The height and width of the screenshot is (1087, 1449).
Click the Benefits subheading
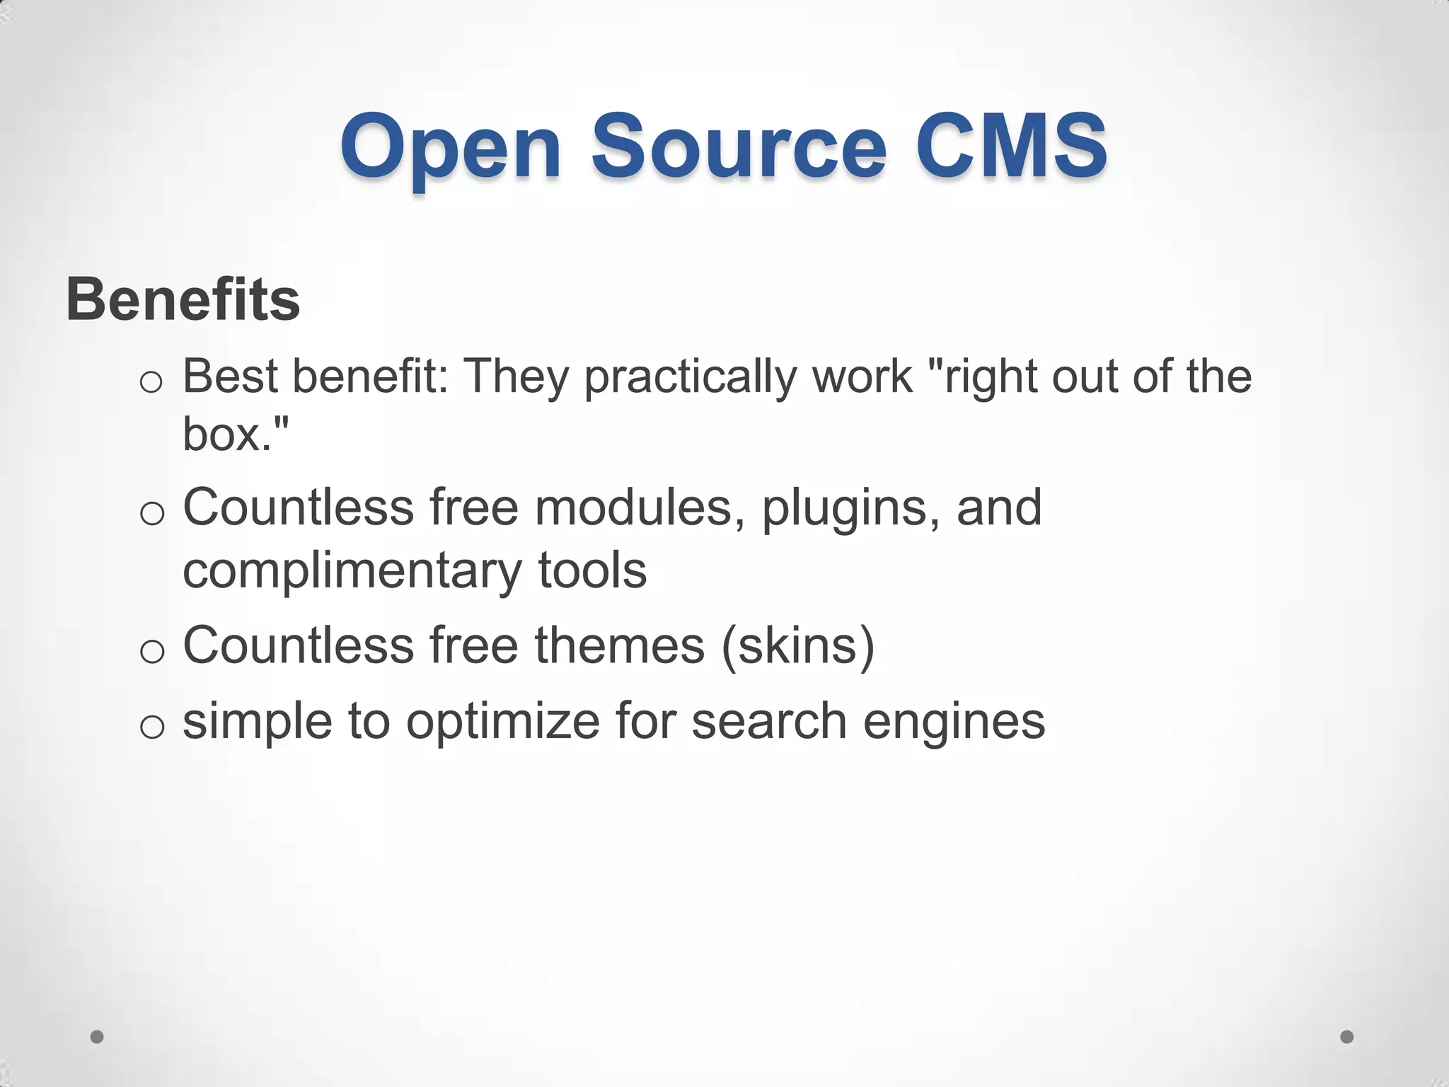tap(183, 299)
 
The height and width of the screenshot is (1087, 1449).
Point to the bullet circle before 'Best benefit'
tap(151, 383)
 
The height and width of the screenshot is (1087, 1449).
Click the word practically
tap(690, 377)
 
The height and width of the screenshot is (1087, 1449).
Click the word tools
tap(593, 570)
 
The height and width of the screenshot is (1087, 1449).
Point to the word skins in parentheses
tap(798, 645)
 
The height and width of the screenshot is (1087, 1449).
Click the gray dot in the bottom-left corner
tap(97, 1037)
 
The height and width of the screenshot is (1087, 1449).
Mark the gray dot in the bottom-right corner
tap(1347, 1037)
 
